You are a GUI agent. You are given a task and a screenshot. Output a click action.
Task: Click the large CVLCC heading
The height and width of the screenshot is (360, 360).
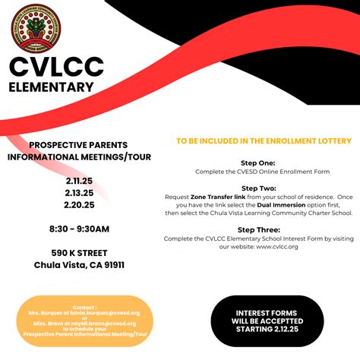[56, 67]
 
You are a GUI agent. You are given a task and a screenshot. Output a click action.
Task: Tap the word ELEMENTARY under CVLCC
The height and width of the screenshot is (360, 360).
[51, 87]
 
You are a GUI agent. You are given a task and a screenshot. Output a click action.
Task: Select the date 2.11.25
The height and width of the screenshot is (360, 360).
[79, 182]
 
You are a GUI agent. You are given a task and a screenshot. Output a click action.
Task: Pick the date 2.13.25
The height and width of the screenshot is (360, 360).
[79, 193]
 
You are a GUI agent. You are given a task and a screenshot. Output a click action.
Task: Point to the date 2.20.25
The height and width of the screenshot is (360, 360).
[79, 204]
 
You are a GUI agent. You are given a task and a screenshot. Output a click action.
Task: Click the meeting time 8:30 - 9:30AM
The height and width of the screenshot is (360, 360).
[79, 229]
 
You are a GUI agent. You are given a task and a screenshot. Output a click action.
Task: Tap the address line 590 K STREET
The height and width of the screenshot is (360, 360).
[79, 253]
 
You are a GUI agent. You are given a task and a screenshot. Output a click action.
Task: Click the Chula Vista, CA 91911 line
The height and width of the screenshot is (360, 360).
[79, 265]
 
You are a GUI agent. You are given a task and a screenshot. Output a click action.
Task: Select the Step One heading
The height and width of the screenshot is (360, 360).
[257, 163]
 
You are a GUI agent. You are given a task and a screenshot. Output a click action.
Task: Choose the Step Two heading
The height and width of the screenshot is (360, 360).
[257, 188]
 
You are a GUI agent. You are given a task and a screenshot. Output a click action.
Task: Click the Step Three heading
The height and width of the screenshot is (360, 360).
[257, 229]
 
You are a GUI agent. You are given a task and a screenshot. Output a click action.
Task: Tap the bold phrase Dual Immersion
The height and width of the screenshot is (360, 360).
[278, 205]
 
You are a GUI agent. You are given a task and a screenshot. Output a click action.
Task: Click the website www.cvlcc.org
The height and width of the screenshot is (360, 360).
[276, 247]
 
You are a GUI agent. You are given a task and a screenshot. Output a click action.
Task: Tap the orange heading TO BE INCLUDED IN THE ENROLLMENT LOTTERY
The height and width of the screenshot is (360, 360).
[264, 141]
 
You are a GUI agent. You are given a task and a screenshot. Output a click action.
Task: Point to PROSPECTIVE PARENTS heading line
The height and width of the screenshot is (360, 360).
[78, 145]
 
